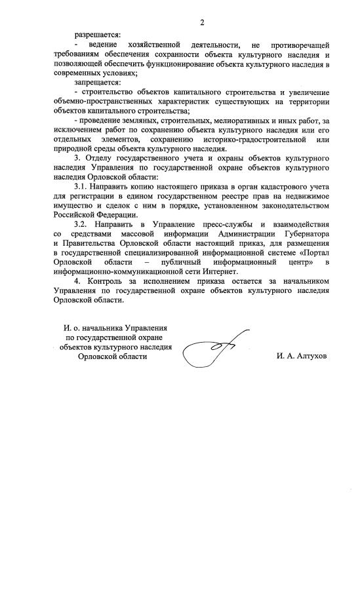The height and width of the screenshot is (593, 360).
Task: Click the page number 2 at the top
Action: [x=203, y=23]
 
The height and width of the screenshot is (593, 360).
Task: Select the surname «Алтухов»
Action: [x=312, y=357]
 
